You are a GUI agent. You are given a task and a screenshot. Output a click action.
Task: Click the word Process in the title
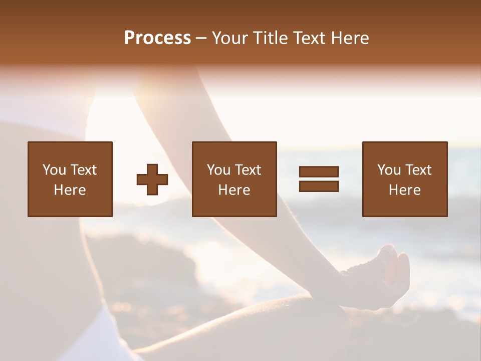click(x=157, y=38)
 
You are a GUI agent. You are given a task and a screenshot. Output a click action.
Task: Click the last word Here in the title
click(x=350, y=38)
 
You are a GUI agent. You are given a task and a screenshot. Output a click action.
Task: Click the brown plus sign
click(x=152, y=179)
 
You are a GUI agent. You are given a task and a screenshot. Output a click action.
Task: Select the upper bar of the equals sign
click(x=319, y=171)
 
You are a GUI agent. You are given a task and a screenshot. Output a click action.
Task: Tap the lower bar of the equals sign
click(x=319, y=186)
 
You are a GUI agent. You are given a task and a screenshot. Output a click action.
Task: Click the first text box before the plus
click(x=70, y=179)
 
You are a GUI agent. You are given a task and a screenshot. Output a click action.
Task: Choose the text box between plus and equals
click(x=234, y=179)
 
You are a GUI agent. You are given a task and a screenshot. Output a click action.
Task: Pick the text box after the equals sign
click(x=404, y=179)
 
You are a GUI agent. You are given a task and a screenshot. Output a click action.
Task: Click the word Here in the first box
click(x=70, y=190)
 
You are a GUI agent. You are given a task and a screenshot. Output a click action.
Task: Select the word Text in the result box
click(x=418, y=170)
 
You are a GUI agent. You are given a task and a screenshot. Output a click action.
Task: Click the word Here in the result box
click(x=404, y=190)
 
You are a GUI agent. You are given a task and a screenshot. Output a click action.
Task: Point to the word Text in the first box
click(x=83, y=170)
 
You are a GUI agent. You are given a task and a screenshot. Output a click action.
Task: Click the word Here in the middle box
click(x=234, y=190)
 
